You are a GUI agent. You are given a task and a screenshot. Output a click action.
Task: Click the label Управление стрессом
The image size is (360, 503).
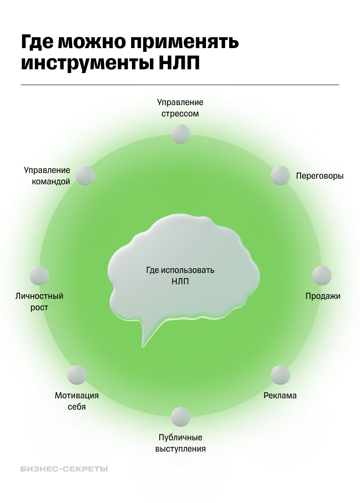(x=180, y=108)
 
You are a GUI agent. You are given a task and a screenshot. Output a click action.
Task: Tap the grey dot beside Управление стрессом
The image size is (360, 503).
(x=180, y=134)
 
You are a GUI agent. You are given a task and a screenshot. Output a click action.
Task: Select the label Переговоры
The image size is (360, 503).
(x=319, y=176)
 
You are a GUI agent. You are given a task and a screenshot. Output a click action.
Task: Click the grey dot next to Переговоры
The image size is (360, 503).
(x=280, y=175)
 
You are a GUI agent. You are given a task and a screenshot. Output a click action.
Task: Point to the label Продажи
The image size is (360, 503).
(x=323, y=296)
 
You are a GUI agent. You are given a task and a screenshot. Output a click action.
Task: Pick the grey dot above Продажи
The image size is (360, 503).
(x=322, y=275)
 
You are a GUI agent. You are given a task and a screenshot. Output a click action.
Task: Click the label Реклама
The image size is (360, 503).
(x=280, y=396)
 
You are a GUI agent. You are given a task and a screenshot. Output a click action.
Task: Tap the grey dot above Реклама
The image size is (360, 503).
(x=280, y=375)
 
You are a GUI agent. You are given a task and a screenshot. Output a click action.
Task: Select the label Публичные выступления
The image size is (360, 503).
(x=180, y=443)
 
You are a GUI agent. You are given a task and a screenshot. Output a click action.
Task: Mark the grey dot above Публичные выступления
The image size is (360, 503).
(x=180, y=417)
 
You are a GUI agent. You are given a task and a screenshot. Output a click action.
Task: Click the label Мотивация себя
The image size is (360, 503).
(x=77, y=401)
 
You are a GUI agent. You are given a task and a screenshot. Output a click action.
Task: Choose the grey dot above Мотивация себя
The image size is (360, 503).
(x=77, y=375)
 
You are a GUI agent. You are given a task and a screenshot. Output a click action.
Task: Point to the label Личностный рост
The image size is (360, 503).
(x=39, y=302)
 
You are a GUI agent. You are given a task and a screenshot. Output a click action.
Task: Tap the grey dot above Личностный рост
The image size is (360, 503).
(x=39, y=275)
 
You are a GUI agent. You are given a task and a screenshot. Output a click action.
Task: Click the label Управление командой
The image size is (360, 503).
(x=47, y=176)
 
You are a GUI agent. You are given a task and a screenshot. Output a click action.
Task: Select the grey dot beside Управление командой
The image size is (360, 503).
(x=86, y=175)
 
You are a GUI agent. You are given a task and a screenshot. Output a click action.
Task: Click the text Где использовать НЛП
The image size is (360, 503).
(x=180, y=276)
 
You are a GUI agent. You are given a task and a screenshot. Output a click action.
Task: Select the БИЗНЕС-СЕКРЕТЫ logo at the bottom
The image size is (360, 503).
(x=65, y=469)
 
